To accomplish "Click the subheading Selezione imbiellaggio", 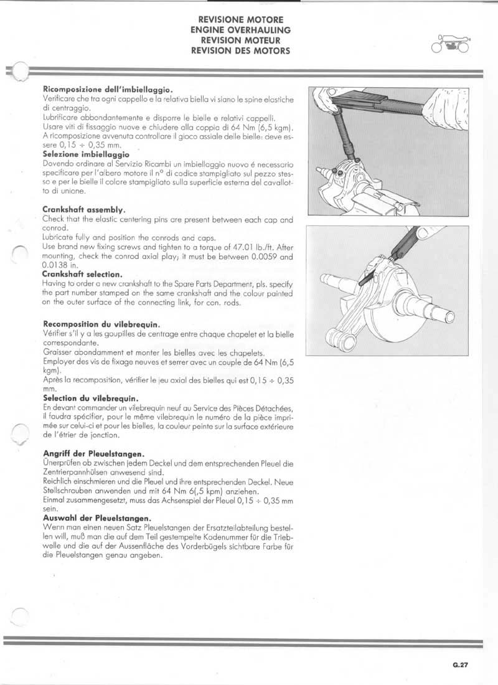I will tap(86, 153).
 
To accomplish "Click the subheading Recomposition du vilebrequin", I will tap(103, 324).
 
